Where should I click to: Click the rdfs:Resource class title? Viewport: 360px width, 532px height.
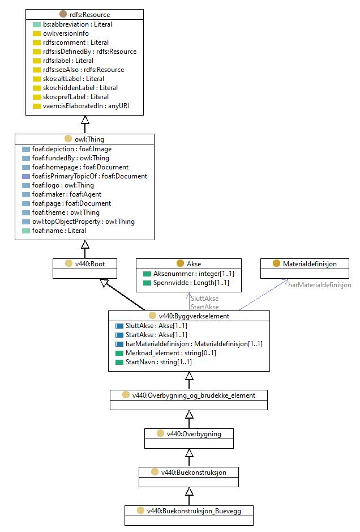tap(89, 15)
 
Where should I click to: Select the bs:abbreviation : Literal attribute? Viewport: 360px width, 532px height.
tap(78, 24)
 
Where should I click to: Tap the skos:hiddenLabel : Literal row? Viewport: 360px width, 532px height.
tap(80, 88)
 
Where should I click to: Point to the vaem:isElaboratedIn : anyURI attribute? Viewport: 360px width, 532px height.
tap(86, 106)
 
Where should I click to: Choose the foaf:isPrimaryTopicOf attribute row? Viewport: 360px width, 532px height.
tap(89, 176)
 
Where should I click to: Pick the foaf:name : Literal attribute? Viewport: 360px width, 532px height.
tap(59, 231)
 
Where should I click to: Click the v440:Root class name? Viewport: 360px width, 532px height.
tap(90, 264)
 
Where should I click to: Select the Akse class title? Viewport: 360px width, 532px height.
tap(194, 264)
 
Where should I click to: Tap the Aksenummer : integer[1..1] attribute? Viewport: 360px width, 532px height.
tap(194, 274)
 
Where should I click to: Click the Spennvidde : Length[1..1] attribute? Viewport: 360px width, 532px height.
tap(191, 283)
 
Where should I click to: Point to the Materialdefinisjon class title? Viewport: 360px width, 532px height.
tap(310, 264)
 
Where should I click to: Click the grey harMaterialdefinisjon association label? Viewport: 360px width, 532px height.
tap(320, 285)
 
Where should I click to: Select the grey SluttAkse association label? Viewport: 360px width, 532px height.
tap(205, 299)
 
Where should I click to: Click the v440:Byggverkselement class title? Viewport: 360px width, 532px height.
tap(194, 316)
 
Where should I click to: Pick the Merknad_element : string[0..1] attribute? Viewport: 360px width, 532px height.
tap(171, 353)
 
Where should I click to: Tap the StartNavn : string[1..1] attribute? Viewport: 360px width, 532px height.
tap(158, 362)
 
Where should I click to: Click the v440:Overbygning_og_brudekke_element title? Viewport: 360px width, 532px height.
tap(194, 395)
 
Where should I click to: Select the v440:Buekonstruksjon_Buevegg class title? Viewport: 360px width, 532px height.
tap(194, 511)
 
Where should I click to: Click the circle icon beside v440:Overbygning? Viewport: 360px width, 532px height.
tap(160, 433)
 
